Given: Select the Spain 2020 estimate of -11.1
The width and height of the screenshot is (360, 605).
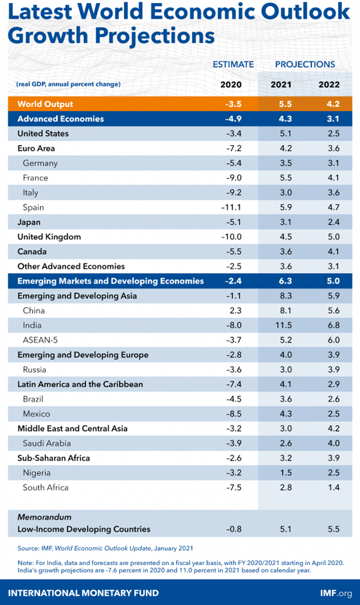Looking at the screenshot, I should click(231, 207).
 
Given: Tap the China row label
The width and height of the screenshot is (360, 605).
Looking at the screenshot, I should click(34, 311).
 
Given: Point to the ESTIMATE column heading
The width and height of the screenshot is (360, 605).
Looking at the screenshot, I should click(233, 64).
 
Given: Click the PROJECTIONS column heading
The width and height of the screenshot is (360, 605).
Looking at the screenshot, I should click(305, 64).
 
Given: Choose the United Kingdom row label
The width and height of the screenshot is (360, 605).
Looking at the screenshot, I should click(49, 237).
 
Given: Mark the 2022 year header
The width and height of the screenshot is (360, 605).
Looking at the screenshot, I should click(329, 85).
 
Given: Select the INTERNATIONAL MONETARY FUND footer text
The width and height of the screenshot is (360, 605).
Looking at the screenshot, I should click(83, 593).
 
